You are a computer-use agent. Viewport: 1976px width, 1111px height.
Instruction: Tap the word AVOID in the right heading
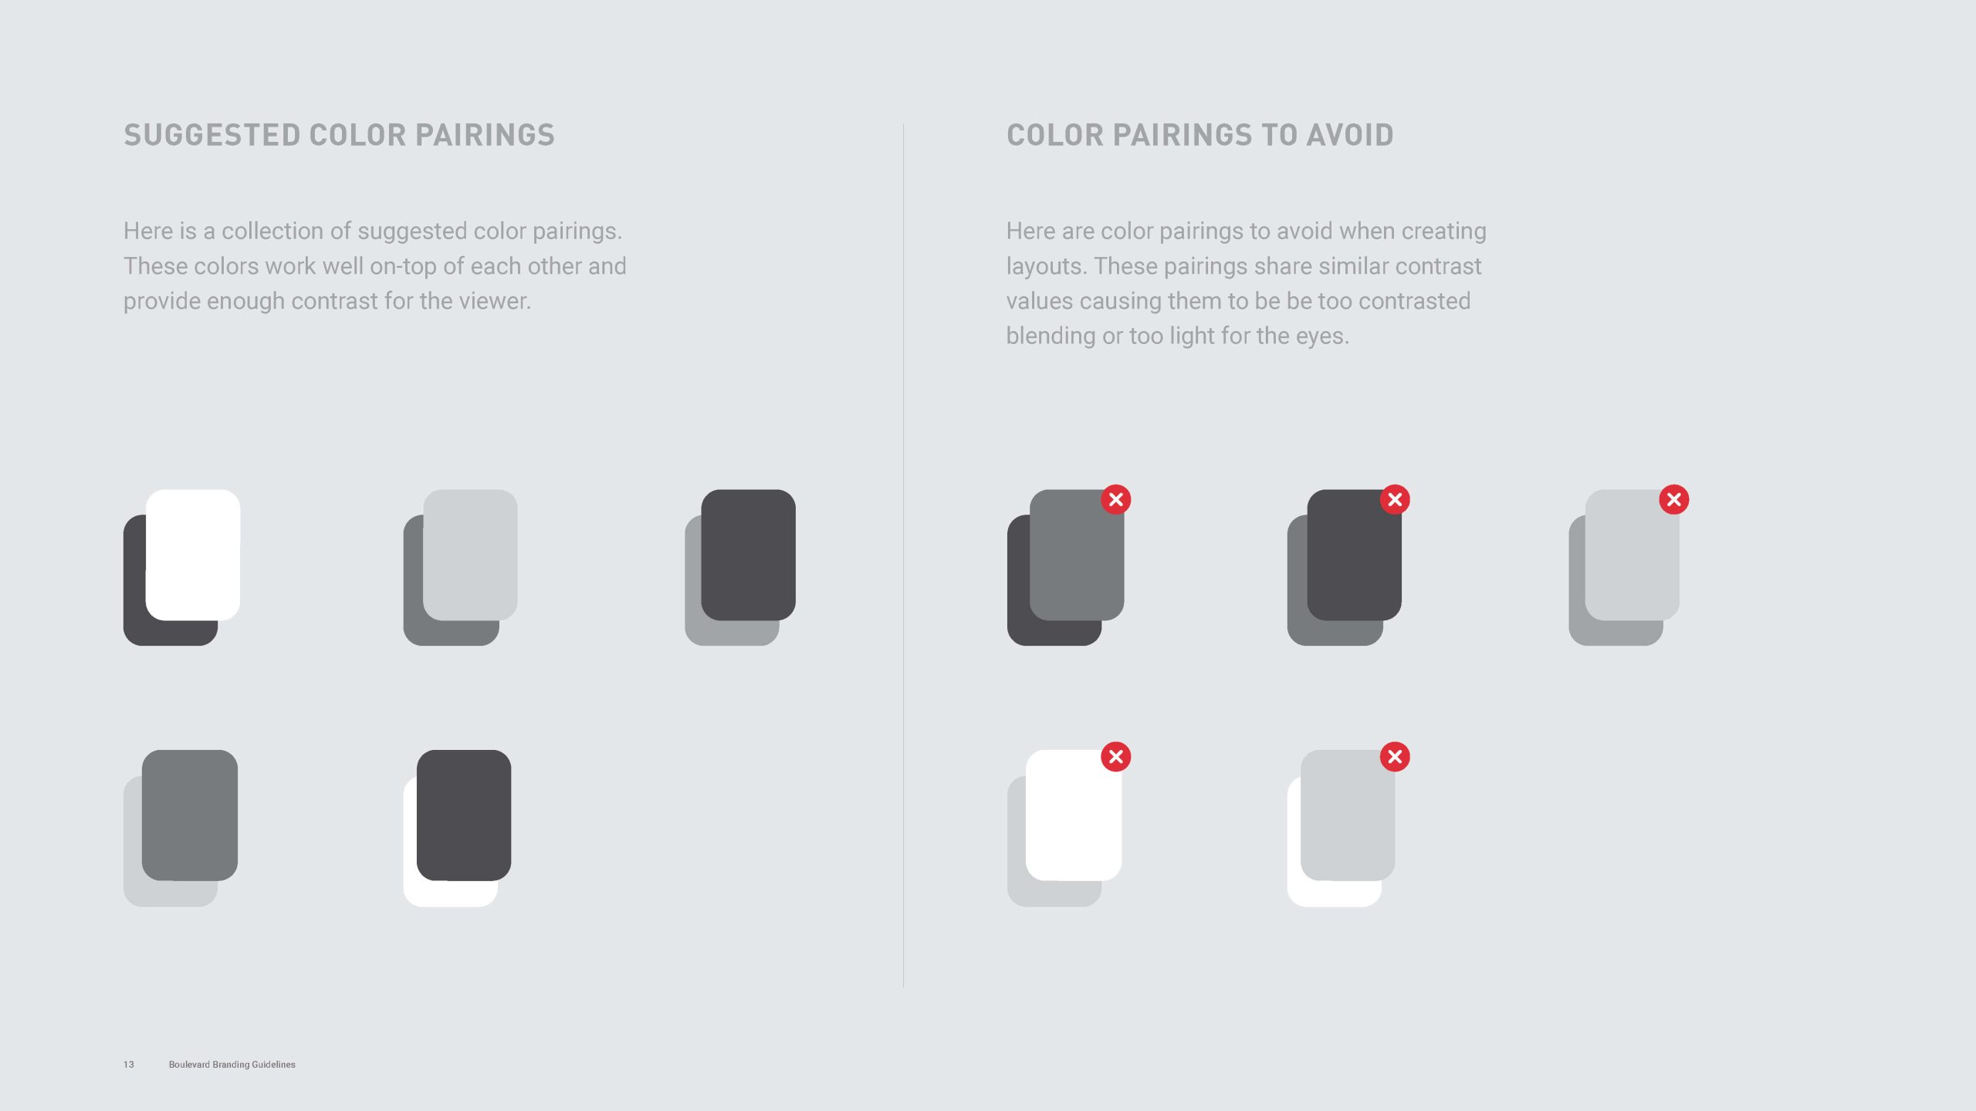coord(1350,135)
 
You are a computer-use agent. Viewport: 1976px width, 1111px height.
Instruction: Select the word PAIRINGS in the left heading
coord(485,135)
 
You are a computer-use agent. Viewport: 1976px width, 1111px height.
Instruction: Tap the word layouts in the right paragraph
coord(1047,267)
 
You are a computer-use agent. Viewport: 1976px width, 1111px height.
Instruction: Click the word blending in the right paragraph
coord(1051,336)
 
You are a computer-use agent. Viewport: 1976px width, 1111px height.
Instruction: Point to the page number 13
coord(129,1065)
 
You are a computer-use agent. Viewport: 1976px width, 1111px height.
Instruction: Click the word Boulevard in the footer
coord(189,1065)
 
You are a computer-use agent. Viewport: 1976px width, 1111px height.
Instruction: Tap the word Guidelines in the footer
coord(273,1065)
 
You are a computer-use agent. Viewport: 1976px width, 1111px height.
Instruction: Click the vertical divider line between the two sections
coord(903,555)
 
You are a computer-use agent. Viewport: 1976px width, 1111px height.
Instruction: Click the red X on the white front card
coord(1115,757)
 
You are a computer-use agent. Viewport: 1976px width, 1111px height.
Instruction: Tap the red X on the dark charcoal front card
coord(1395,500)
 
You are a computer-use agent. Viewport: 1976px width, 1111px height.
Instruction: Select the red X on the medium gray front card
coord(1115,500)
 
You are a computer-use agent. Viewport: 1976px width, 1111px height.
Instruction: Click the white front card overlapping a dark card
coord(193,555)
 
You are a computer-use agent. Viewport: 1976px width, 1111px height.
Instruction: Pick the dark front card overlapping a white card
coord(464,815)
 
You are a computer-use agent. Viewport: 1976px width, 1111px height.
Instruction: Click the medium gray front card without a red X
coord(190,815)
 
